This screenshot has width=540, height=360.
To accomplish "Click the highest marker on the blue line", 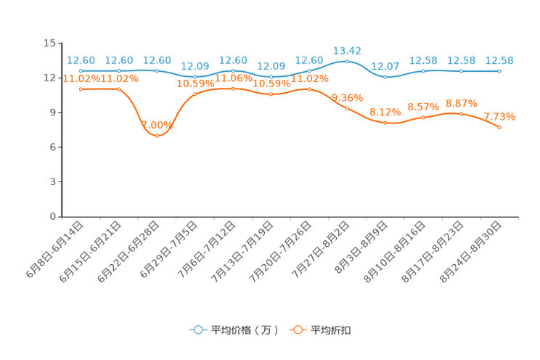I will pos(347,62).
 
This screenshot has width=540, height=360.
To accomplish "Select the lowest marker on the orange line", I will pos(157,134).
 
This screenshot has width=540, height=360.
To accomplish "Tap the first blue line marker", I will pos(81,70).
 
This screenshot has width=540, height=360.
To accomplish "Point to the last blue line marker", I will pos(499,70).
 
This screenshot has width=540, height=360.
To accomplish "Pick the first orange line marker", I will pos(81,89).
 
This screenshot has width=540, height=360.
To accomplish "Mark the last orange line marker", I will pos(499,127).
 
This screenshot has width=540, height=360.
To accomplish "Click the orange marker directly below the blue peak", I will pos(347,108).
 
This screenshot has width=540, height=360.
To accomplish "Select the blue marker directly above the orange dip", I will pos(157,70).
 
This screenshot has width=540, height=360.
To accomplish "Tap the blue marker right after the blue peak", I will pos(385,75).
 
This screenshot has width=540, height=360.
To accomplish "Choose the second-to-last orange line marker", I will pos(461,114).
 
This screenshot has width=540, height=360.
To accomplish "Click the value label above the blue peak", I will pos(347,50).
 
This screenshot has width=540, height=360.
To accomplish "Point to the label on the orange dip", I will pos(158,124).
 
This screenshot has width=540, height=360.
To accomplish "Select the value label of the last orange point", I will pos(499,115).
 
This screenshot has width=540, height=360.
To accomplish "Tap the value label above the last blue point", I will pos(499,60).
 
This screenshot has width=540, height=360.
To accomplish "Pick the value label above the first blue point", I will pos(81,60).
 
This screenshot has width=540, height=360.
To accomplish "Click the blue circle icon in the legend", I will pos(197,330).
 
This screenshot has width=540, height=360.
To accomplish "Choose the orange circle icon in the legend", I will pos(297,330).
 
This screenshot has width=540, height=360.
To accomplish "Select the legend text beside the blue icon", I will pos(243,330).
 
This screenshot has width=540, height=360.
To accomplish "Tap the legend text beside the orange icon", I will pos(331,330).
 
